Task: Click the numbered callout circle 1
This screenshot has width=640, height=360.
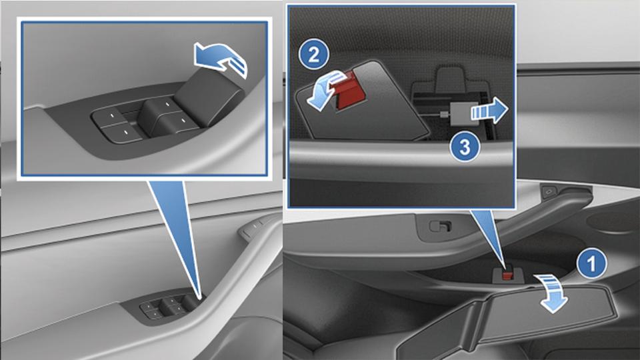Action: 592,263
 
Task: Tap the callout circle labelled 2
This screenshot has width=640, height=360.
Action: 313,55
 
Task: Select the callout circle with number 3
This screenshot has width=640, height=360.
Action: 465,147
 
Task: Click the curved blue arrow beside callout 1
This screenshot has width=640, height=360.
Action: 552,293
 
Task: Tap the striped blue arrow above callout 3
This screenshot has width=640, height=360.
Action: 489,111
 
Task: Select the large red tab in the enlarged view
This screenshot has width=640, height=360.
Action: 351,91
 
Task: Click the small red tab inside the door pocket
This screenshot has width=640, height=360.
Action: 507,275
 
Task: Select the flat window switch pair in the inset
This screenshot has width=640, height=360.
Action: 117,125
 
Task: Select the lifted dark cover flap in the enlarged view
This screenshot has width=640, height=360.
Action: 361,102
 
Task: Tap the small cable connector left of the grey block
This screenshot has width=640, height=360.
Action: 443,115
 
